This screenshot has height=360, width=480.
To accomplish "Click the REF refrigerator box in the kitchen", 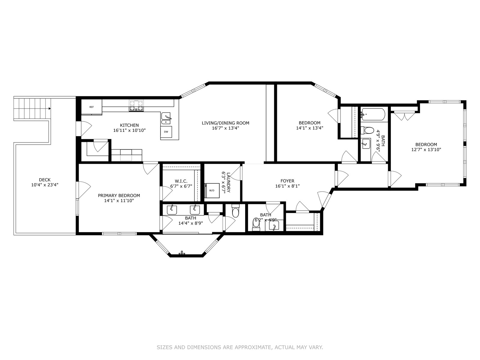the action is tap(91, 107).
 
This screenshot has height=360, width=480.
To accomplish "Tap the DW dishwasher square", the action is tap(166, 132).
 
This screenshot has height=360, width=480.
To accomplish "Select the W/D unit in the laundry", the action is tap(212, 190).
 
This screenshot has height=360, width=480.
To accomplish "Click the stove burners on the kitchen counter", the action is tap(136, 106).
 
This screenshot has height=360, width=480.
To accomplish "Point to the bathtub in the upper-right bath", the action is tap(373, 114).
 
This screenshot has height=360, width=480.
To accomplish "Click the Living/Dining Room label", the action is tap(226, 123).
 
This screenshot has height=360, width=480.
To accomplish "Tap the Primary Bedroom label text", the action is tap(119, 195).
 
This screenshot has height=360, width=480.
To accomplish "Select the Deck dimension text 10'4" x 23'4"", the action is tap(45, 185).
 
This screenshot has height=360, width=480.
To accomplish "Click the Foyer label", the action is tap(287, 181).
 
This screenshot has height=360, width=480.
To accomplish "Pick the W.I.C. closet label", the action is tap(181, 181).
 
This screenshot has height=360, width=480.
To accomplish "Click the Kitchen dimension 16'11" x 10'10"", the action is tap(130, 130).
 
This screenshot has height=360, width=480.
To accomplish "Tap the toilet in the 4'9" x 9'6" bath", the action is tap(367, 131).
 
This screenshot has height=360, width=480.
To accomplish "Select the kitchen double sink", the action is tap(166, 119).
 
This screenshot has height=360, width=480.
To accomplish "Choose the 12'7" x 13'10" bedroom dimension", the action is tap(426, 150).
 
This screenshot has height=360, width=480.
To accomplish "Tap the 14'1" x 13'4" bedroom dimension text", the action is tap(310, 128).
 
